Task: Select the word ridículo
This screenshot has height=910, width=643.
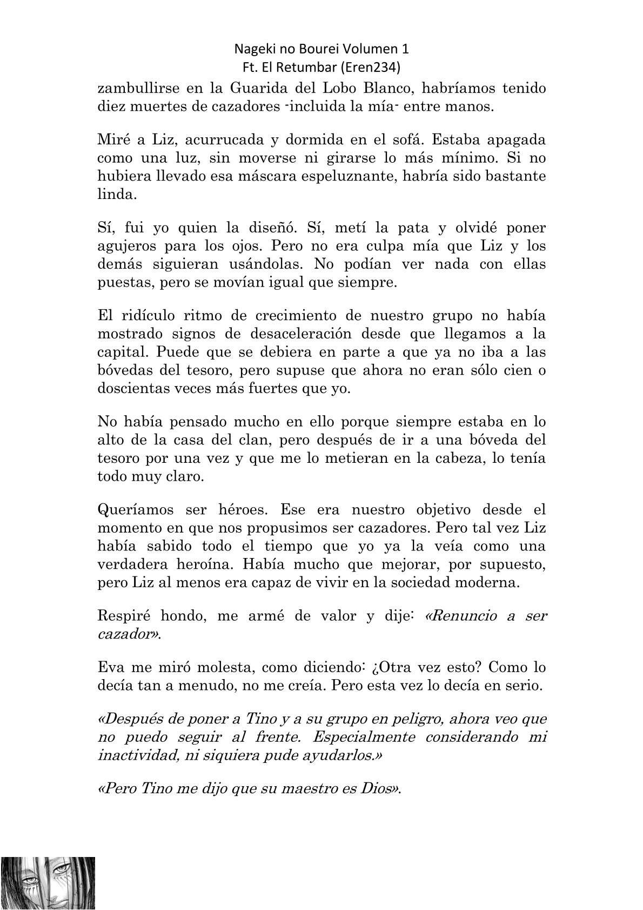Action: click(149, 316)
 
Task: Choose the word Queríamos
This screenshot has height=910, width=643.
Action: click(136, 509)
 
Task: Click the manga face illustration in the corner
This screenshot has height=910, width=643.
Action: click(48, 882)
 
